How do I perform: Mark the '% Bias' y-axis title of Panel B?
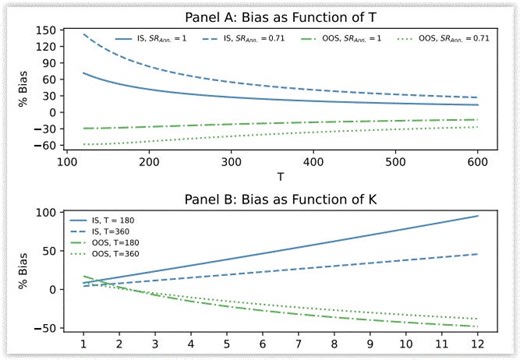pos(21,268)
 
